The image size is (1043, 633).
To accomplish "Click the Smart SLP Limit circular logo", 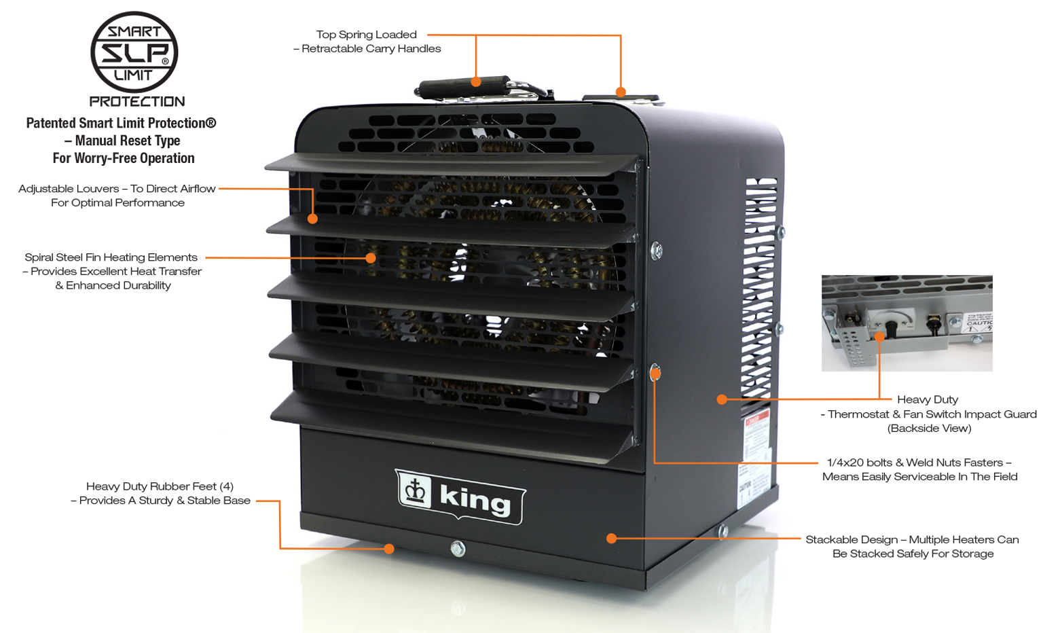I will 134,52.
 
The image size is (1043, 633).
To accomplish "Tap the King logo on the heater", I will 460,496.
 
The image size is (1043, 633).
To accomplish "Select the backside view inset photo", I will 907,323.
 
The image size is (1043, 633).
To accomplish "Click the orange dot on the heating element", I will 371,258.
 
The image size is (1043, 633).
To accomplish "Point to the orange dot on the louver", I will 312,219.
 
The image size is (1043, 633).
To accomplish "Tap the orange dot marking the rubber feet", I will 389,549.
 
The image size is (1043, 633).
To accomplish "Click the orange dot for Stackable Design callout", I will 611,539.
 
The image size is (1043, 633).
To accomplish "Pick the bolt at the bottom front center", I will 458,549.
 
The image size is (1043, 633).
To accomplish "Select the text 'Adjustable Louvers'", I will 69,189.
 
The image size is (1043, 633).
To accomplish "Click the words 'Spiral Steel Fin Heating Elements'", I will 111,257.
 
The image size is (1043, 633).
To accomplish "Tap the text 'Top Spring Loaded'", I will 366,35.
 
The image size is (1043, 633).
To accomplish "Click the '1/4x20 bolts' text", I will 859,463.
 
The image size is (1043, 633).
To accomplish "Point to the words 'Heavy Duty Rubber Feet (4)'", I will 160,486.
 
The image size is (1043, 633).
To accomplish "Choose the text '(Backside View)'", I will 929,429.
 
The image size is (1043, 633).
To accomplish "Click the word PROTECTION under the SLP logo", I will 137,102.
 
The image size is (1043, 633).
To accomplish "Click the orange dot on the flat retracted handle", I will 621,92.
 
